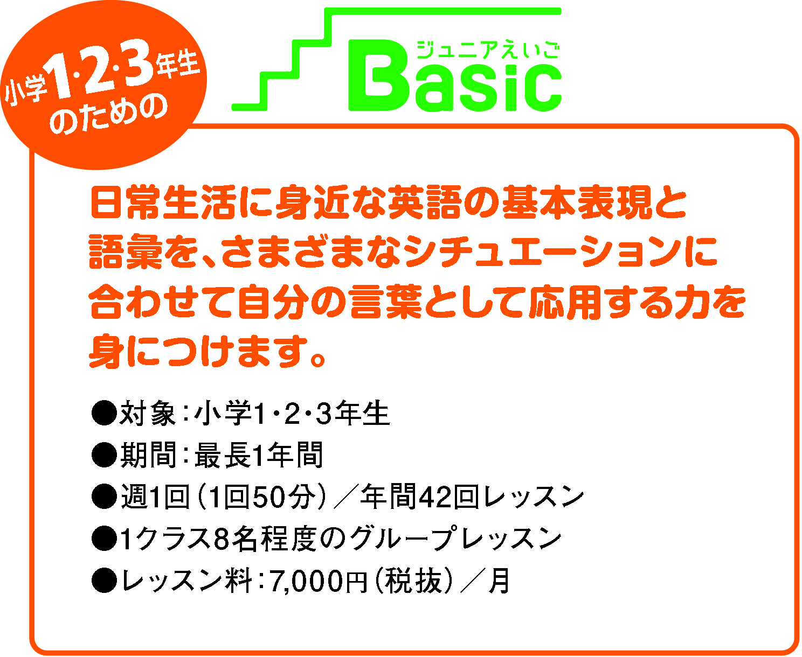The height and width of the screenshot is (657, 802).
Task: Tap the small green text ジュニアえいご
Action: click(x=488, y=50)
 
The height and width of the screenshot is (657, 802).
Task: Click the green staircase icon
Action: click(x=396, y=59)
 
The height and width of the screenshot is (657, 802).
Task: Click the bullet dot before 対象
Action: click(x=104, y=413)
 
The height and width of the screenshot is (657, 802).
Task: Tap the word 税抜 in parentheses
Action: click(x=414, y=581)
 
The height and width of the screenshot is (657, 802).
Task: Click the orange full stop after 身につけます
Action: click(x=317, y=358)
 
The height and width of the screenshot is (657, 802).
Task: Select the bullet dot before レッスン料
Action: click(x=104, y=581)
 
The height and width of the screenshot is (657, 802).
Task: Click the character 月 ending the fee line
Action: click(x=500, y=581)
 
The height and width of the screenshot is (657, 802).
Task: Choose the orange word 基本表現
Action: click(x=577, y=202)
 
